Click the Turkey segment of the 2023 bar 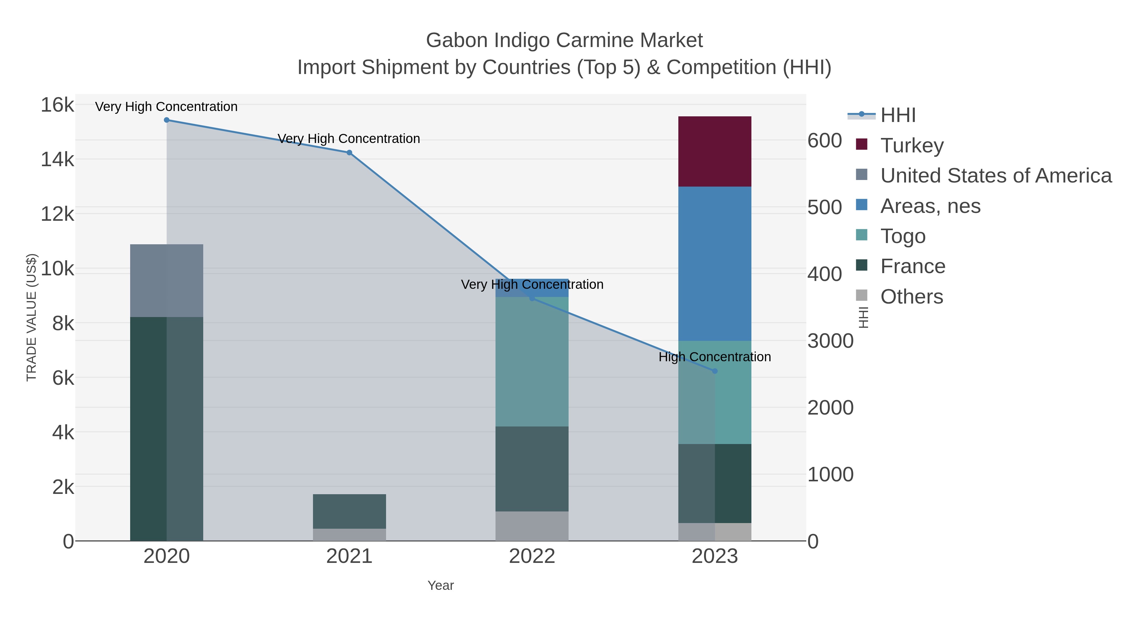tap(714, 151)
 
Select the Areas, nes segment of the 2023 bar tap(714, 263)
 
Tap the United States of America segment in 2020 tap(167, 280)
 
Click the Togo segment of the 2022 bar tap(532, 362)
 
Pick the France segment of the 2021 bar tap(349, 511)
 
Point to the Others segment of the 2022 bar tap(532, 526)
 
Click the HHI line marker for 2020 tap(167, 120)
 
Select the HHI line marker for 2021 tap(349, 152)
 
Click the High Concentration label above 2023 tap(714, 357)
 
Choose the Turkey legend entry tap(912, 146)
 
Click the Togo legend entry tap(903, 236)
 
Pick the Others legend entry tap(912, 297)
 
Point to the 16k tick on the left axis tap(57, 105)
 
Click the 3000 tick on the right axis tap(830, 341)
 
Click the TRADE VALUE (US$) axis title tap(32, 317)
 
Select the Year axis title tap(441, 585)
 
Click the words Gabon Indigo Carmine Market tap(564, 40)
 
